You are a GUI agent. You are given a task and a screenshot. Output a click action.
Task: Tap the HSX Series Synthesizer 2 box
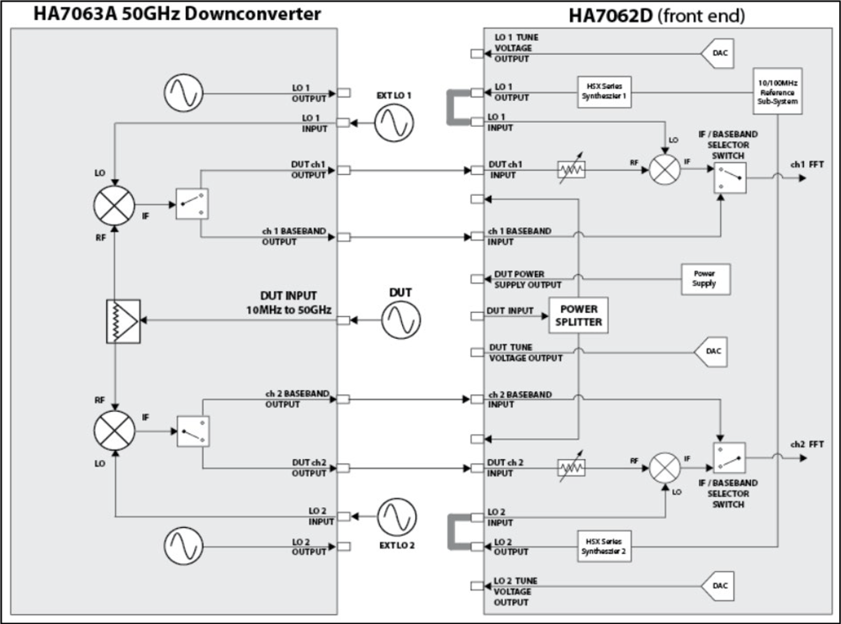tap(604, 546)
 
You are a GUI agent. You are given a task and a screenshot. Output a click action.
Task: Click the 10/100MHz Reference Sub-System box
tap(777, 91)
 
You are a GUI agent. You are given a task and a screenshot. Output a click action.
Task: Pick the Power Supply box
tap(704, 278)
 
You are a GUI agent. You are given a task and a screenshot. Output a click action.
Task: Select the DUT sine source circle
tap(401, 320)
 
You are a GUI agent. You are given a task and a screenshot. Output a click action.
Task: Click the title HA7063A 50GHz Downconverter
tap(177, 14)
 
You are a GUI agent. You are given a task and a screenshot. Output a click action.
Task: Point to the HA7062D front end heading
tap(656, 14)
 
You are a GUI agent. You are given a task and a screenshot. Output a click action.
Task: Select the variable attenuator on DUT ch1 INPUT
tap(572, 171)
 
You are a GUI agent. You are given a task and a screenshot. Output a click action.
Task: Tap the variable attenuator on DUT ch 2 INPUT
tap(572, 467)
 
